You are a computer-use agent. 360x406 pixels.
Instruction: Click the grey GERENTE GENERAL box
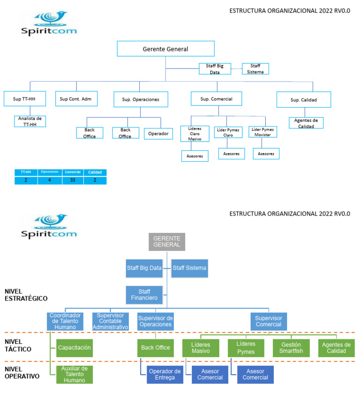167,241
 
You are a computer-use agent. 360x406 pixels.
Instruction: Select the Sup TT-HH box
24,99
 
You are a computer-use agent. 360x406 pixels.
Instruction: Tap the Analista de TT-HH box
30,121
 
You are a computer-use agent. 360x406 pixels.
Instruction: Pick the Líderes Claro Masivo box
195,134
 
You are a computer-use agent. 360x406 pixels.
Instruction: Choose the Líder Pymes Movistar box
263,132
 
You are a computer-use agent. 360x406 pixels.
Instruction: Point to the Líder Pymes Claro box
228,132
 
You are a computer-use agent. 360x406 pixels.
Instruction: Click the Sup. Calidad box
304,99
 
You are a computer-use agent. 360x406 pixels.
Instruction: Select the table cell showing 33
73,180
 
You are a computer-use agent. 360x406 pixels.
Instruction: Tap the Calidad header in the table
95,172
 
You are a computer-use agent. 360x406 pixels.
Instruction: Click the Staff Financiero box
144,295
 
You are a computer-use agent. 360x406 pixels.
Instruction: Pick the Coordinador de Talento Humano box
65,321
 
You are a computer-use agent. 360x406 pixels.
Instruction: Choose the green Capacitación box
74,348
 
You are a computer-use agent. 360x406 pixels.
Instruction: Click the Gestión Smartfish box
291,348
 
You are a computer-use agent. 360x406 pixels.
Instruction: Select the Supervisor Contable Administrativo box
110,321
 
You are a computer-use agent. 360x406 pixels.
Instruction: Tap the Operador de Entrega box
165,375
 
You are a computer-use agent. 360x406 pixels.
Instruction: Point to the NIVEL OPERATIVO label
22,372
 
